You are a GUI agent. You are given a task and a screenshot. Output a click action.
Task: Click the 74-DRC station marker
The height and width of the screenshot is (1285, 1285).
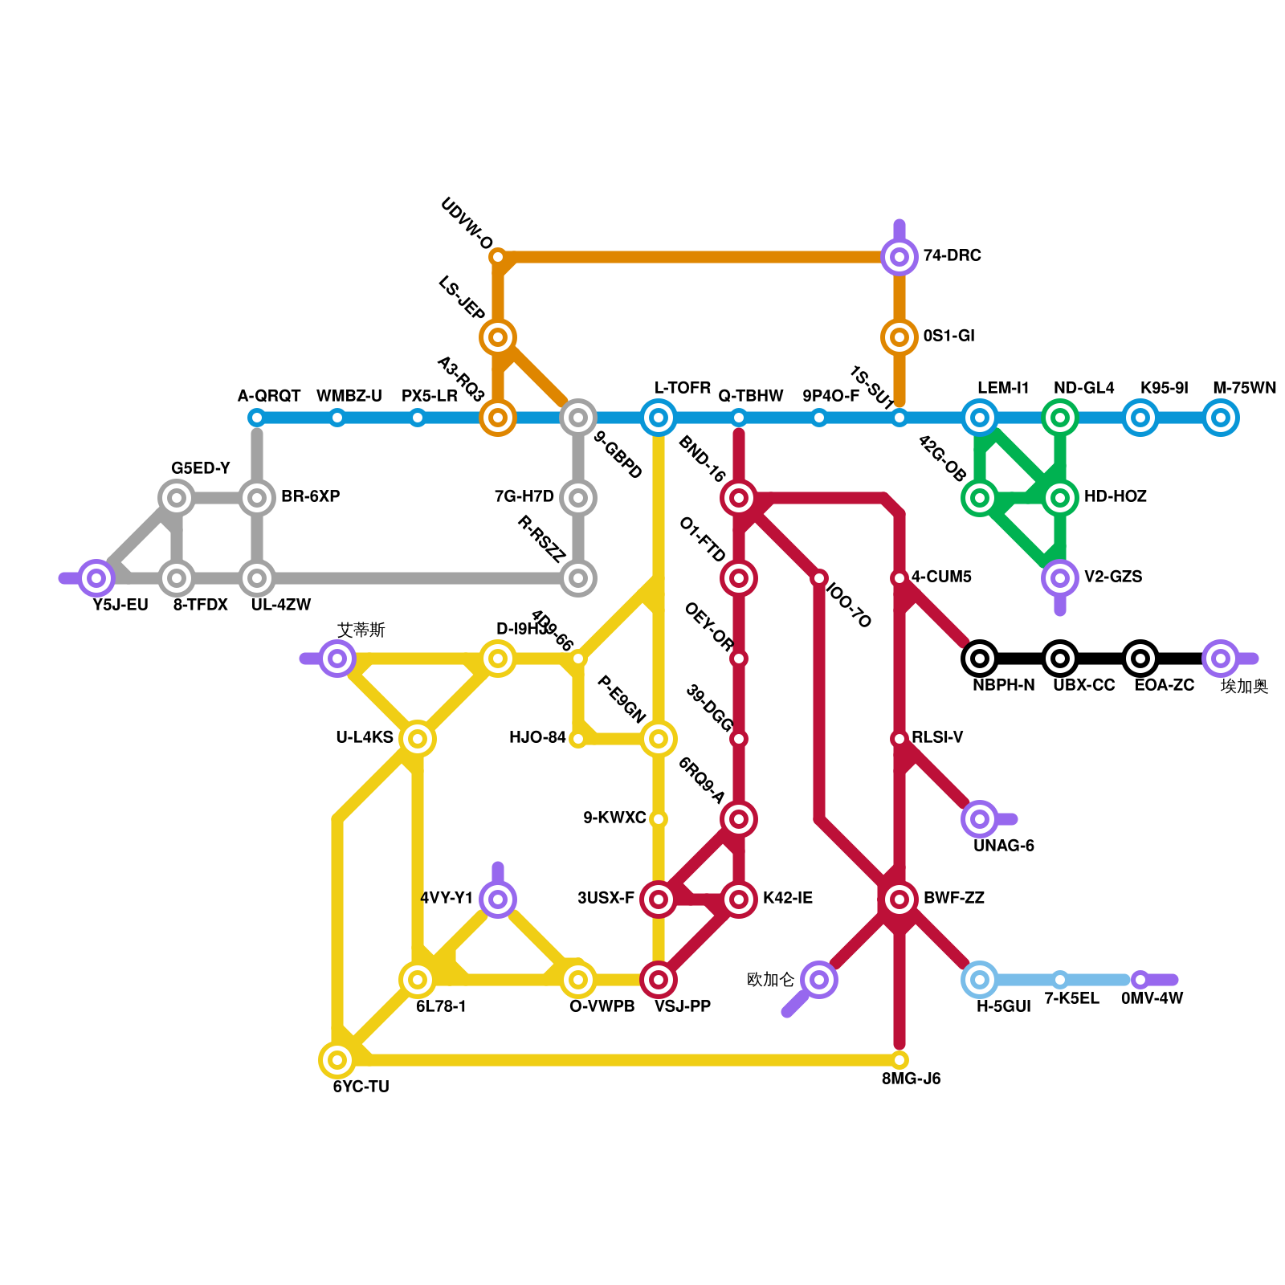(x=899, y=257)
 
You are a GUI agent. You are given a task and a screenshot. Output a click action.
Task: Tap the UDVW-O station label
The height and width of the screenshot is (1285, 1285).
(x=467, y=223)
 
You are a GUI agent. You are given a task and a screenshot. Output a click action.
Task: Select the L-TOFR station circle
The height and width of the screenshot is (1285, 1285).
(x=659, y=418)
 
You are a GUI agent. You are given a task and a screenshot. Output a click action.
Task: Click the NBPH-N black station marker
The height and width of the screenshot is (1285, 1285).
(x=980, y=659)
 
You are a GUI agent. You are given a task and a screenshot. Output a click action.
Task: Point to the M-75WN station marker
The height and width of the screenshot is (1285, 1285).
(x=1221, y=418)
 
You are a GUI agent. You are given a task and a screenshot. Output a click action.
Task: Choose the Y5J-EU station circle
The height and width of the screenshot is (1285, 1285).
(x=96, y=578)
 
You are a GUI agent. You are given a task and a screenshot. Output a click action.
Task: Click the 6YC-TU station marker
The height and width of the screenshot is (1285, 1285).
(x=337, y=1060)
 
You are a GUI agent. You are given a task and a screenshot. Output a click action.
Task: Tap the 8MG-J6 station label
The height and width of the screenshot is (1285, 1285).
(x=911, y=1079)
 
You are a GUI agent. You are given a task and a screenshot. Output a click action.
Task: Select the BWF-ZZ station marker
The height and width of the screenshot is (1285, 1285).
(x=899, y=899)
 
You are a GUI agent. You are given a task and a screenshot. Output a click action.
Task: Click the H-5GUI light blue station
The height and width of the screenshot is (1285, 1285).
(x=980, y=980)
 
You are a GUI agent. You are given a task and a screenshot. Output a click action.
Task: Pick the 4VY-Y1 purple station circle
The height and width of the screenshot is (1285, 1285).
(x=498, y=899)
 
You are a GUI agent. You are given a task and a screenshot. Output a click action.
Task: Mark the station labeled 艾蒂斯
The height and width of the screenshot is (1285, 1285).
(x=337, y=659)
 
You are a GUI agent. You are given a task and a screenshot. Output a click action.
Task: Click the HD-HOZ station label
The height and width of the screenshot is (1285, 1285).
(x=1115, y=496)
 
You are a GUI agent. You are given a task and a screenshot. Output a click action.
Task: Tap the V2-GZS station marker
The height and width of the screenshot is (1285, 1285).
(x=1060, y=578)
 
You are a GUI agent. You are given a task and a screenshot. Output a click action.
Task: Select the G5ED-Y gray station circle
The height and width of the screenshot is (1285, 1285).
(x=177, y=498)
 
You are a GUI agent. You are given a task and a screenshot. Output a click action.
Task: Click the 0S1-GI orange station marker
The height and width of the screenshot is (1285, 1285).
(x=899, y=337)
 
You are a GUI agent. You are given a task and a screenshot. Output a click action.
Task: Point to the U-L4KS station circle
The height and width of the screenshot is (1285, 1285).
(x=418, y=739)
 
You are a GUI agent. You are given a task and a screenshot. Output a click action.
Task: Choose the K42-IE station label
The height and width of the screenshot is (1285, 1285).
(x=787, y=898)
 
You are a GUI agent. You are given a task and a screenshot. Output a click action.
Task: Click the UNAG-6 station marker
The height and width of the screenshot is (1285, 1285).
(x=980, y=819)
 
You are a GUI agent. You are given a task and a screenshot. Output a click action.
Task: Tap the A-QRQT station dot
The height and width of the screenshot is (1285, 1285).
(x=257, y=418)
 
